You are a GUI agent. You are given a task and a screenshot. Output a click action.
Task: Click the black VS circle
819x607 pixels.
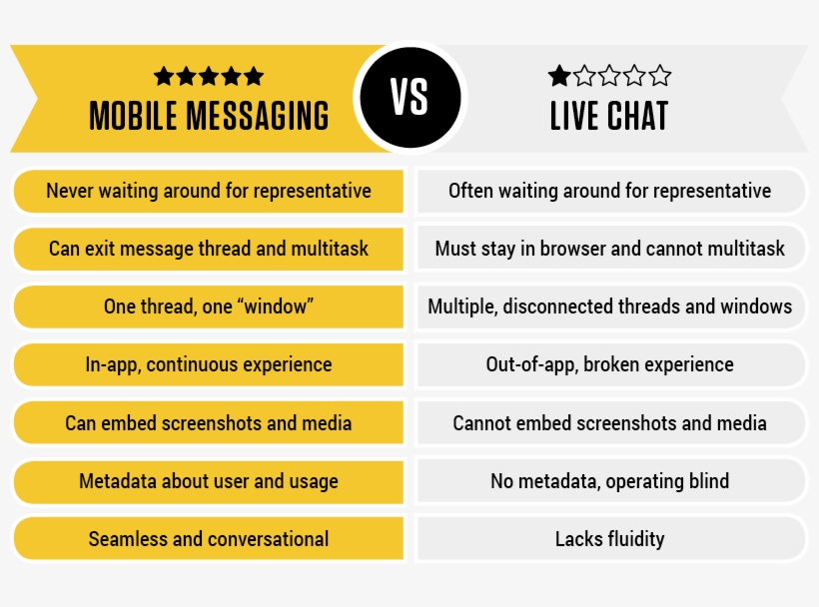409,98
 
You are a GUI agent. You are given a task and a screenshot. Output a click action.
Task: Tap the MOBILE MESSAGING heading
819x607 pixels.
209,117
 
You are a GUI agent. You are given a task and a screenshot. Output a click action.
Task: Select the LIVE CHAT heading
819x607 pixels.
609,117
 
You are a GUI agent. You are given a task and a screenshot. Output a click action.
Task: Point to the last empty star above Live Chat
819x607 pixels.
660,76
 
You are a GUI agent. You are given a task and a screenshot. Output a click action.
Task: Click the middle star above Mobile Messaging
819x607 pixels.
209,76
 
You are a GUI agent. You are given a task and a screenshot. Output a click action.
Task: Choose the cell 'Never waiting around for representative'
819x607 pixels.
209,191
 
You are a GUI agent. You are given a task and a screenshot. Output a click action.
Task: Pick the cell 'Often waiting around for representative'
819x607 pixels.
609,191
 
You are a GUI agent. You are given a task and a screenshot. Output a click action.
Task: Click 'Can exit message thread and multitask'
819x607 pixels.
209,249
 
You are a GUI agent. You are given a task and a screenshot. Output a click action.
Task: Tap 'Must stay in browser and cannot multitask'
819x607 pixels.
609,249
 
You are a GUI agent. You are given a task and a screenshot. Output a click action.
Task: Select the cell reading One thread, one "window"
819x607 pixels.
209,306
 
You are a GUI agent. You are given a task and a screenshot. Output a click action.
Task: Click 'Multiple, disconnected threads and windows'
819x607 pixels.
609,306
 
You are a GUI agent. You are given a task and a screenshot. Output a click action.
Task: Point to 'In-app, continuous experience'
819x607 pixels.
209,364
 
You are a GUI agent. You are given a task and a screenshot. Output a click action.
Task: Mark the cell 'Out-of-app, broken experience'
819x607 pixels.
609,364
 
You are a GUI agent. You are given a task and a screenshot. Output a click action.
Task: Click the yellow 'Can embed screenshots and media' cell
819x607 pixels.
209,423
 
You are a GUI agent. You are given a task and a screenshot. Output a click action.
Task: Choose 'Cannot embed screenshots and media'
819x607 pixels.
609,423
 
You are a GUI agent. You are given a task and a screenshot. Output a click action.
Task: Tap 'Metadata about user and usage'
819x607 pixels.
209,481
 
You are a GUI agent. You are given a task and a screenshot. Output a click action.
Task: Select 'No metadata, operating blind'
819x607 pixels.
609,481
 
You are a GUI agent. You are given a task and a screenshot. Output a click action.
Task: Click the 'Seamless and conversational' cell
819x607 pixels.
209,539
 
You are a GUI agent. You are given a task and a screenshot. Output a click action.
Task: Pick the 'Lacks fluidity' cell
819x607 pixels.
609,539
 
